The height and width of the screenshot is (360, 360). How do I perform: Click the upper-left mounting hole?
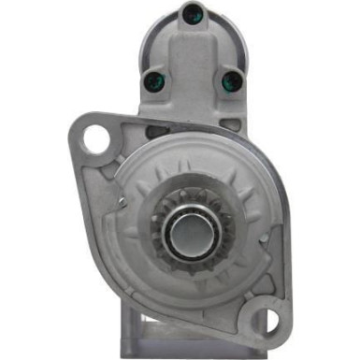(x=94, y=139)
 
